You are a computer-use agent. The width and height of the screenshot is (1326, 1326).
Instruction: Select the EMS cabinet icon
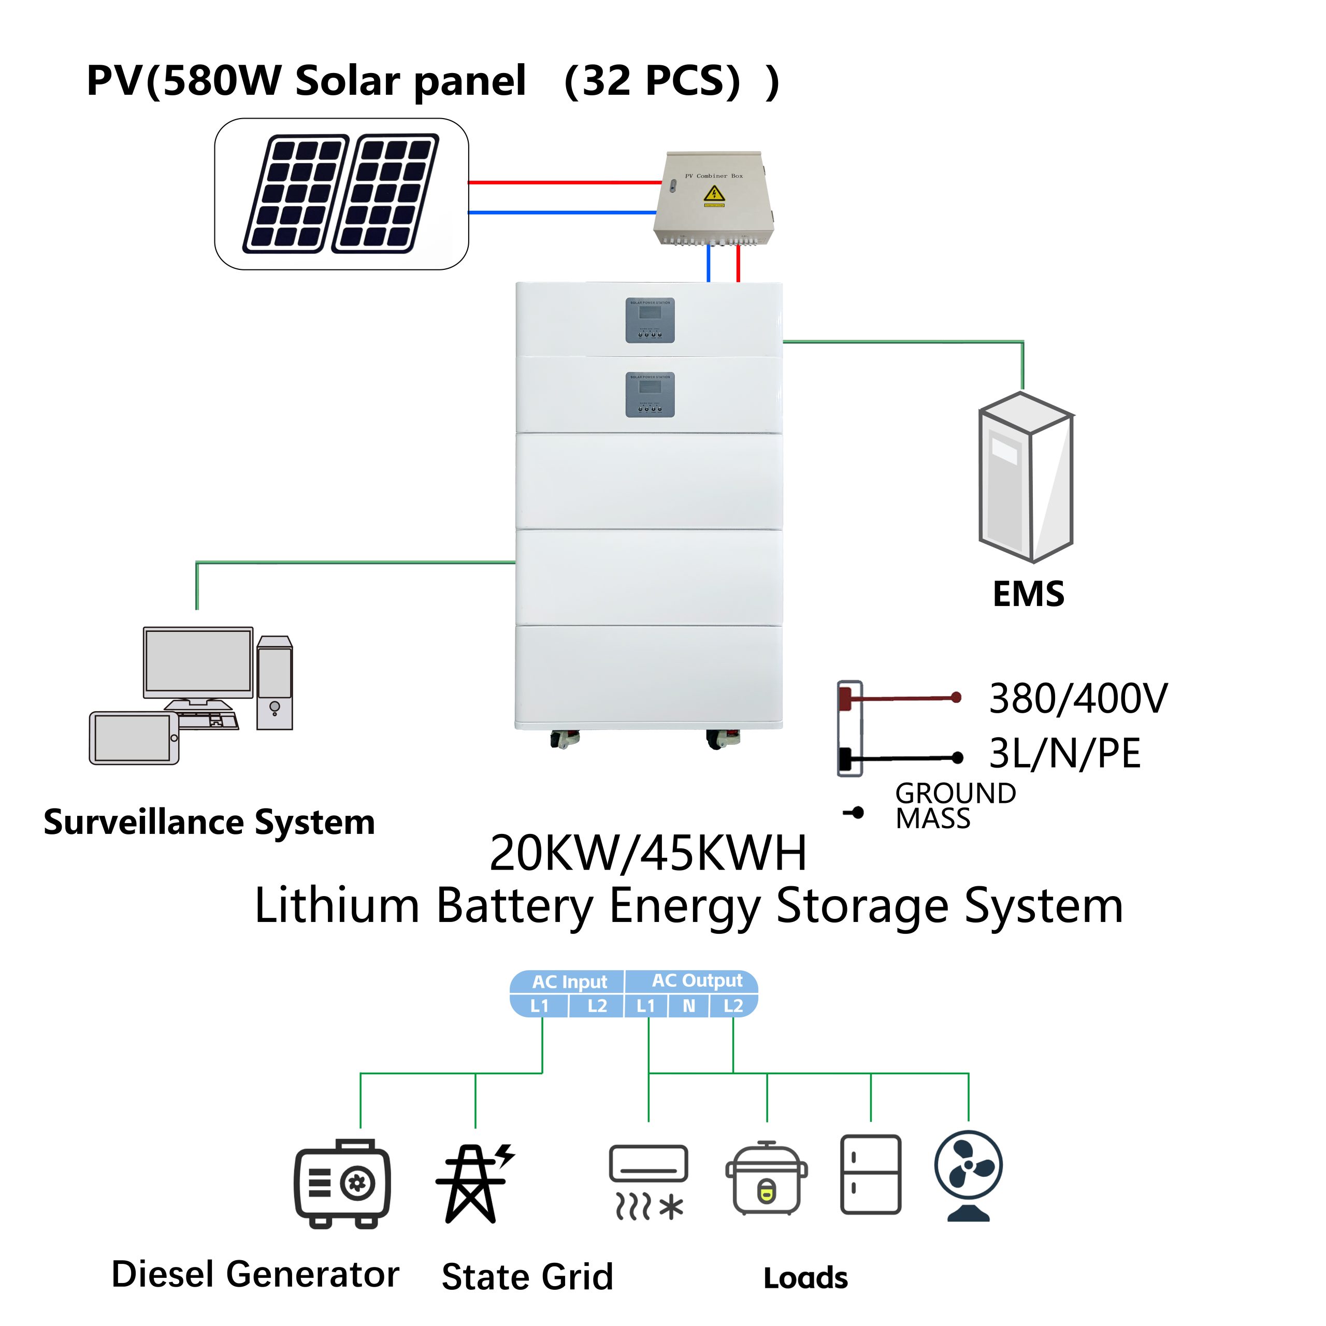1026,477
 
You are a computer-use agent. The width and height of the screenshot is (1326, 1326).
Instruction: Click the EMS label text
1028,594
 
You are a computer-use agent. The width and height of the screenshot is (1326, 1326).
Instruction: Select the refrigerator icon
870,1174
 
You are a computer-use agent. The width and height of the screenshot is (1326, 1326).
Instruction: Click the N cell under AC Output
688,1006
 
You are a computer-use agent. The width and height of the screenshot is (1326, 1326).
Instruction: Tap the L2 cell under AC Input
596,1006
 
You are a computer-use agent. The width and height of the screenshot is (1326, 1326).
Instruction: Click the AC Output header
697,980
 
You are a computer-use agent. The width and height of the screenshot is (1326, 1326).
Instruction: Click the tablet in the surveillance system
134,738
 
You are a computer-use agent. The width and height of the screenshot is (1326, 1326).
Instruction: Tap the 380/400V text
1077,699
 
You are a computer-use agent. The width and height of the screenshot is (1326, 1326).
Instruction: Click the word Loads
806,1278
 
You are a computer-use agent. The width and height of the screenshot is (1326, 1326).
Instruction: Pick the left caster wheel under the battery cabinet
564,739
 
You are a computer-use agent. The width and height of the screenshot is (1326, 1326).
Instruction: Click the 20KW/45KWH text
648,853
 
